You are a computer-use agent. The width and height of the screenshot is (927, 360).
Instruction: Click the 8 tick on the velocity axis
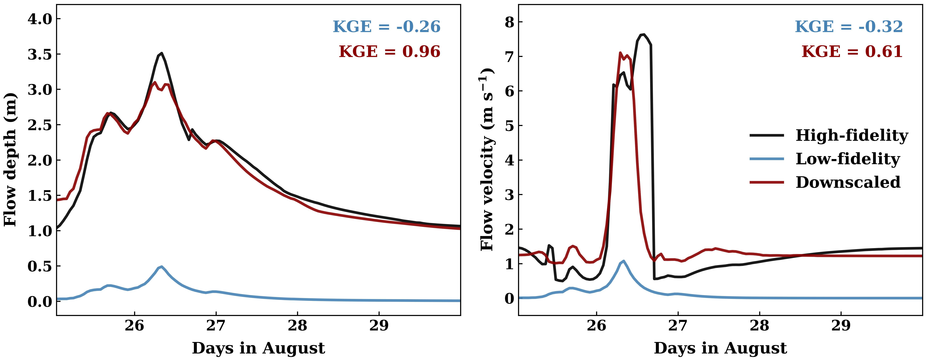pyautogui.click(x=510, y=22)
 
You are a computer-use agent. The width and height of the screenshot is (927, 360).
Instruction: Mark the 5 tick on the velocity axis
pyautogui.click(x=510, y=126)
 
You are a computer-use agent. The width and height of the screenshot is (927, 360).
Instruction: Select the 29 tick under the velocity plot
pyautogui.click(x=841, y=326)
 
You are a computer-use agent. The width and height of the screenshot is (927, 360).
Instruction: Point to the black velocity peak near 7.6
pyautogui.click(x=643, y=35)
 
